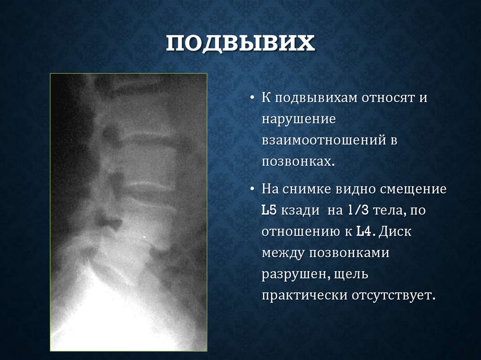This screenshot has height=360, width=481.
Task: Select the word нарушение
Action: [x=299, y=119]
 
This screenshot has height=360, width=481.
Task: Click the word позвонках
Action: [x=298, y=161]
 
